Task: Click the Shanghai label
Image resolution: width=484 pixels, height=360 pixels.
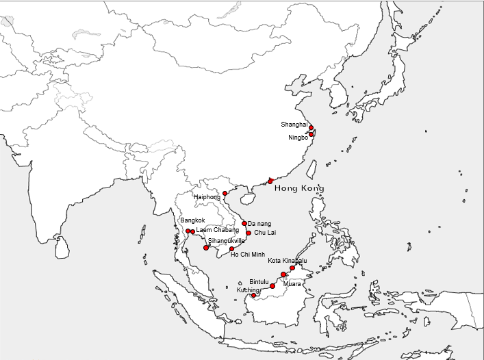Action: pos(294,125)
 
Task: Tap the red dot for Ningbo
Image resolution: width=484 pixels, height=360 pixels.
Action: pos(311,135)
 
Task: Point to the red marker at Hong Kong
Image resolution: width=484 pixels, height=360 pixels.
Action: pos(270,181)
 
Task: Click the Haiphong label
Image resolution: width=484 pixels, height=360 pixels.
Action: pos(207,197)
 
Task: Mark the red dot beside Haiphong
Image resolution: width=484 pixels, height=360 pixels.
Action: pos(225,194)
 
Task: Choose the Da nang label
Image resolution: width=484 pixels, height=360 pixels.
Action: pos(259,224)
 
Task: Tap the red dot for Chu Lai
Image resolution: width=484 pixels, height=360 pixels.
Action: pos(249,233)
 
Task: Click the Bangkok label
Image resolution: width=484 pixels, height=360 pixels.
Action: pos(193,220)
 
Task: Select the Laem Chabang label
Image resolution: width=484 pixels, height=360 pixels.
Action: pos(218,231)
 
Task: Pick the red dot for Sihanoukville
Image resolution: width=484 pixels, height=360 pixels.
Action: pos(206,247)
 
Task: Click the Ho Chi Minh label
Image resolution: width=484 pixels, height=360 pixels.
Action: pos(248,255)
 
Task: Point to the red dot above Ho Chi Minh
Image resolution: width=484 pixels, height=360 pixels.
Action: pos(232,248)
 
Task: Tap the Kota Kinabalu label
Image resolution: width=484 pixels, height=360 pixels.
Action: pos(288,261)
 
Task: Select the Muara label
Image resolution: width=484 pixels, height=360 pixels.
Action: pos(292,283)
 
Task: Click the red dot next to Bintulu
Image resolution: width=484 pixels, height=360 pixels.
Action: pos(272,286)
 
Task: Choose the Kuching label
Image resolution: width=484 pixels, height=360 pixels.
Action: pos(248,290)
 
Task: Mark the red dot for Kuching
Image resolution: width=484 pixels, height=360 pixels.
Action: pos(254,296)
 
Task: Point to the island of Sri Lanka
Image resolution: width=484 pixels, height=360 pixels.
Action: pos(62,247)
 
